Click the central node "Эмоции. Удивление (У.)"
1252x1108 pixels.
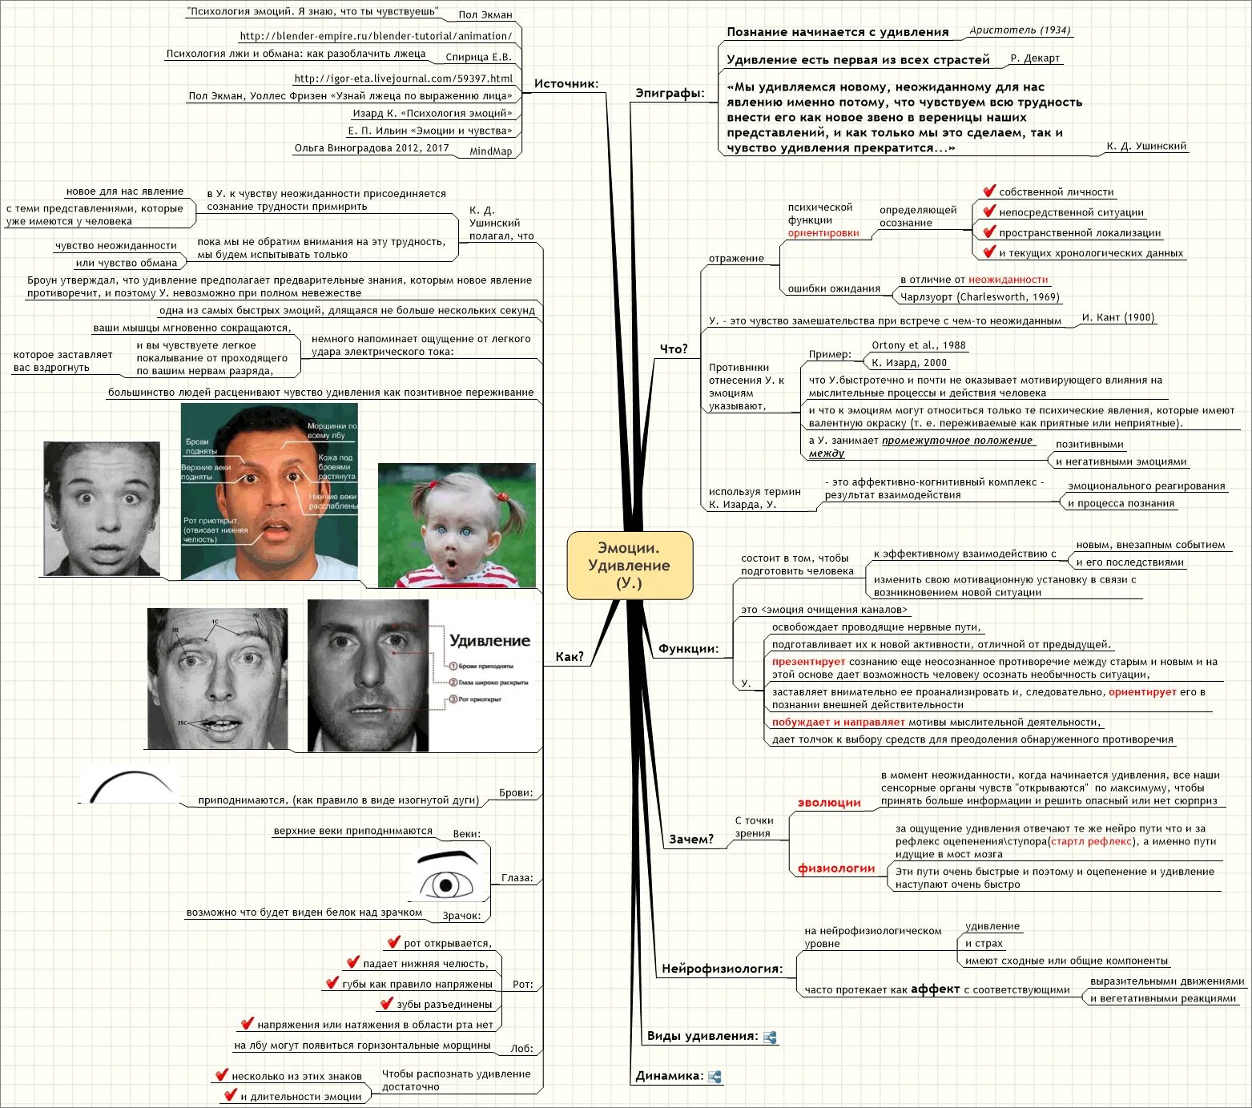point(630,565)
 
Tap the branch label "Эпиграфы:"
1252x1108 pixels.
point(670,94)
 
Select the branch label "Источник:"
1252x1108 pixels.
point(566,83)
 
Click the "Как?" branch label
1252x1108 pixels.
point(570,657)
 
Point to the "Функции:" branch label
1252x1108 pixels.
point(688,648)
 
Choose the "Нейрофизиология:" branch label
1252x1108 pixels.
point(722,969)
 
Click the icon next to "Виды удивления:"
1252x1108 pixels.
point(770,1037)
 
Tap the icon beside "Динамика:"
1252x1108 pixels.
point(715,1077)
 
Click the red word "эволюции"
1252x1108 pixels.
point(829,803)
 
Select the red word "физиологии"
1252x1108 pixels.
point(836,868)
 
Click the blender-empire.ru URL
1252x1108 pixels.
point(376,36)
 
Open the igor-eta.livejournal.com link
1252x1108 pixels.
point(403,79)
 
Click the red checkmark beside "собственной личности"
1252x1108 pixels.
point(989,191)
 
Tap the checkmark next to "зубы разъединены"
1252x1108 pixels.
point(387,1003)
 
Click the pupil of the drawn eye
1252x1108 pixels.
point(444,885)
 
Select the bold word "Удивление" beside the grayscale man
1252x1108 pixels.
point(489,641)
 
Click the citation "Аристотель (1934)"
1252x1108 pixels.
point(1020,30)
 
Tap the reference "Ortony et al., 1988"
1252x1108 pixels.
point(919,345)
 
